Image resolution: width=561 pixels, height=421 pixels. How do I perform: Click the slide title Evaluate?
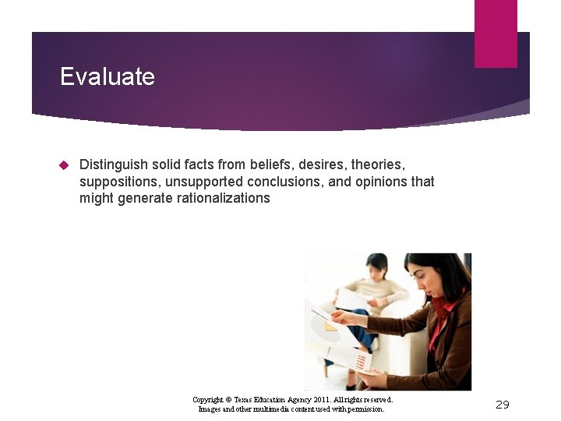(x=108, y=76)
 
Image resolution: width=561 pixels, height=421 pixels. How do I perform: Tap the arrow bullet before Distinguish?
(x=65, y=165)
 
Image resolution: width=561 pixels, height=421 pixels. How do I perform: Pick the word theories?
(x=378, y=165)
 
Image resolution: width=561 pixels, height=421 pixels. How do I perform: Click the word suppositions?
(x=117, y=182)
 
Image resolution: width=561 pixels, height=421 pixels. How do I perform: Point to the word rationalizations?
(x=217, y=198)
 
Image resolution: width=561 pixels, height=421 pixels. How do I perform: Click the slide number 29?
(x=503, y=404)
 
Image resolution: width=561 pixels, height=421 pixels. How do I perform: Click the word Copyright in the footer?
(x=209, y=399)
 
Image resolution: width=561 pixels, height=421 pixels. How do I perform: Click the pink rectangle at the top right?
(x=496, y=34)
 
